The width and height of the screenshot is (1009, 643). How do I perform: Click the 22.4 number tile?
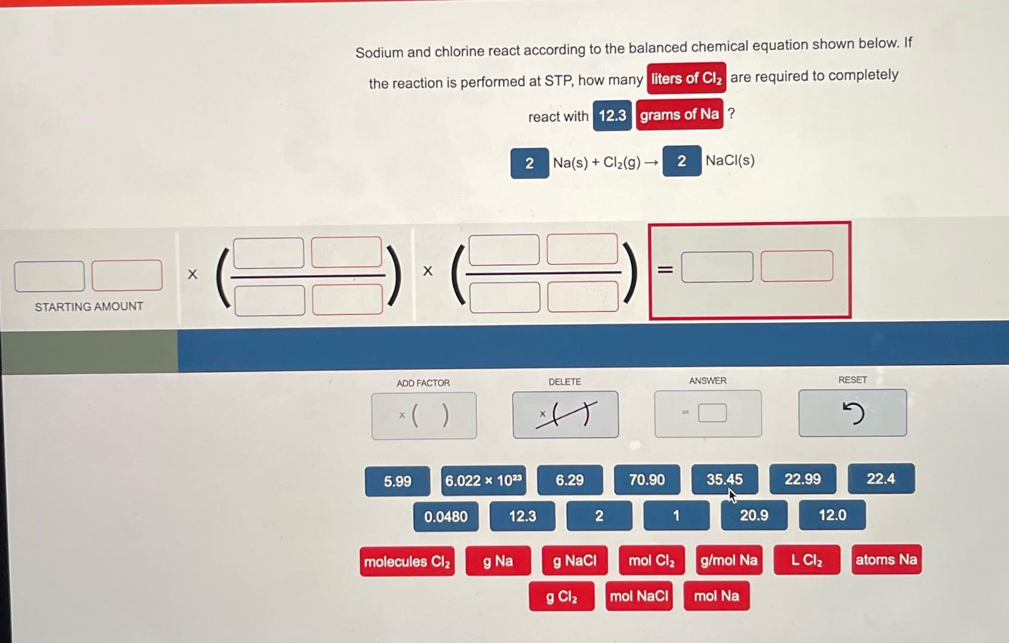click(x=881, y=478)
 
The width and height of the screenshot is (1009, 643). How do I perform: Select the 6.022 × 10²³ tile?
click(x=483, y=480)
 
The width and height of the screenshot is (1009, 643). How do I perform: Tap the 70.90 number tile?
click(x=647, y=480)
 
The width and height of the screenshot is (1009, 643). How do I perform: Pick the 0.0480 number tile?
click(x=446, y=517)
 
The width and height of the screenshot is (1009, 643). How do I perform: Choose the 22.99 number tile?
click(x=803, y=479)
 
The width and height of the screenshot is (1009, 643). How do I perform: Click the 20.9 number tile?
click(x=754, y=515)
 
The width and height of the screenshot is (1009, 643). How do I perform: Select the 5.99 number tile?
click(x=398, y=482)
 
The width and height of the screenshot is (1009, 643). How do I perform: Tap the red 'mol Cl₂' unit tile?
click(x=651, y=560)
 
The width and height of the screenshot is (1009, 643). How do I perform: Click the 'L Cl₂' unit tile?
click(x=807, y=560)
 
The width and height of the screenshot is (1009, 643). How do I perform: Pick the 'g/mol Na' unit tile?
click(x=729, y=560)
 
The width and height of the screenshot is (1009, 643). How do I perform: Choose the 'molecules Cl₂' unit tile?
click(x=407, y=561)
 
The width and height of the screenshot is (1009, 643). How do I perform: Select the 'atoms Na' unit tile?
click(x=886, y=559)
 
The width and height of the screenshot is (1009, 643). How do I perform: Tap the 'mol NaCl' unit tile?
click(x=639, y=596)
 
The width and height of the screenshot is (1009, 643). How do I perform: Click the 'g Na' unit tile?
click(x=498, y=561)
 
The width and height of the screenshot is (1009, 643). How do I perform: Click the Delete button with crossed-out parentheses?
click(x=566, y=414)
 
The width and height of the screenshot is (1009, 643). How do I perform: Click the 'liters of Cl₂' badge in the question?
click(x=687, y=79)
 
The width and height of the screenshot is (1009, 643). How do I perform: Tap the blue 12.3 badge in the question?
click(x=612, y=116)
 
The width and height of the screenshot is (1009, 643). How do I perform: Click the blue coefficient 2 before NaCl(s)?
click(x=682, y=161)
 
